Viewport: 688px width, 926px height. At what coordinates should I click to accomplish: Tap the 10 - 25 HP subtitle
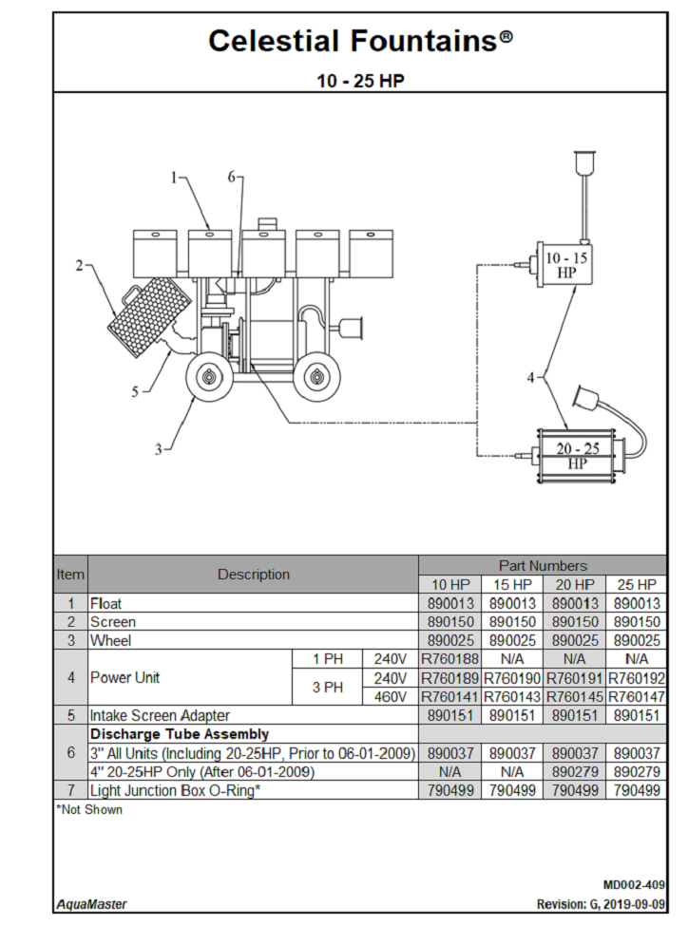(x=360, y=81)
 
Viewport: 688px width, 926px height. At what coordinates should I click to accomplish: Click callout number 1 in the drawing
(x=175, y=178)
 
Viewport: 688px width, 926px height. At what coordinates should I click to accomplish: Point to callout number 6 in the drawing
(x=231, y=178)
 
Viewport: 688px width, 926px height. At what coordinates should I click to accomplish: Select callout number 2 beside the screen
(x=80, y=266)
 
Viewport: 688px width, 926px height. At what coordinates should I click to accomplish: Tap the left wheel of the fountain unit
(x=207, y=379)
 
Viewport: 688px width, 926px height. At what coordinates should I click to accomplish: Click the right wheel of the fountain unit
(x=315, y=379)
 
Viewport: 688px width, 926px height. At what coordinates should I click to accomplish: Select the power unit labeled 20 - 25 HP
(x=576, y=456)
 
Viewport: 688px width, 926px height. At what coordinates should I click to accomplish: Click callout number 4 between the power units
(x=532, y=378)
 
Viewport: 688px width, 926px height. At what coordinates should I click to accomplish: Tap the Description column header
(x=253, y=575)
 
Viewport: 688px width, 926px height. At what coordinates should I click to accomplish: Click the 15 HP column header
(x=511, y=584)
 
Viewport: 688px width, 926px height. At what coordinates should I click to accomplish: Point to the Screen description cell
(x=113, y=622)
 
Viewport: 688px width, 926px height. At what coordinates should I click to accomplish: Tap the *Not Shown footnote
(x=89, y=810)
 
